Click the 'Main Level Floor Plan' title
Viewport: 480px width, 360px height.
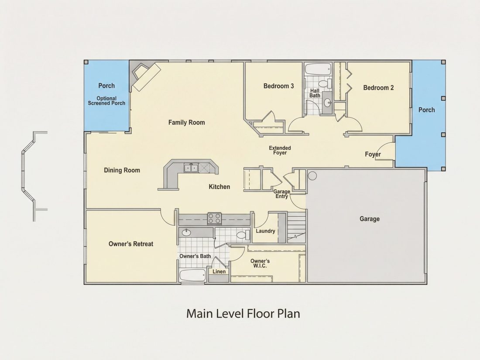(243, 314)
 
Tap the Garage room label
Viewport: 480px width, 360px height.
(370, 219)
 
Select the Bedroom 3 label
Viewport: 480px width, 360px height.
(278, 86)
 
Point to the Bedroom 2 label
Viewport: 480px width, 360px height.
(378, 88)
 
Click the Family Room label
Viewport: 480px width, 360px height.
(186, 123)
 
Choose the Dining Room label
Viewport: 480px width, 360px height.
(122, 170)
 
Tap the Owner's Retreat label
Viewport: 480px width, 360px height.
(131, 244)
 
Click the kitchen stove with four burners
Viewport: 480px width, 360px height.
(215, 219)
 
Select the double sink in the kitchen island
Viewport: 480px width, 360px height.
(191, 168)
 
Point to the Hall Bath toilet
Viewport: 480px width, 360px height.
(325, 83)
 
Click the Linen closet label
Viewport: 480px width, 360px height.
(219, 271)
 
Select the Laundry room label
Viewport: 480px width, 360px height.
(265, 231)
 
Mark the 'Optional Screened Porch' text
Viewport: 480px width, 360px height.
(106, 101)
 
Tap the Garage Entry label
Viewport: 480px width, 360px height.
(281, 194)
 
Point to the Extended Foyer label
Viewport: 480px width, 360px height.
(280, 150)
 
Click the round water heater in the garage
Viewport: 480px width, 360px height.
(312, 176)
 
